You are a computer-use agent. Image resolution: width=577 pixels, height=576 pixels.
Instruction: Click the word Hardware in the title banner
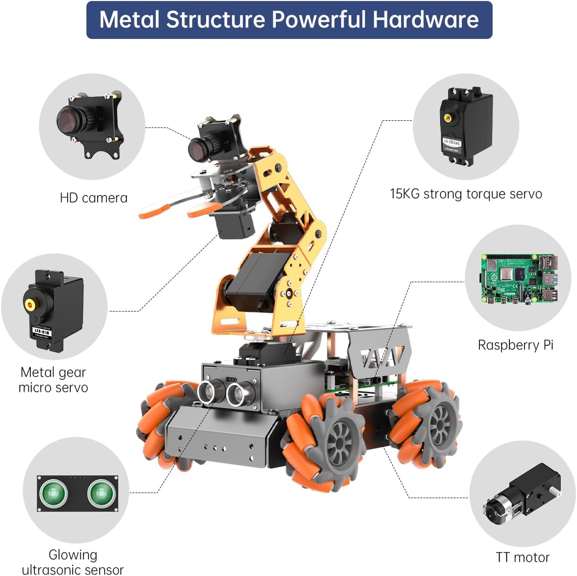pyautogui.click(x=425, y=20)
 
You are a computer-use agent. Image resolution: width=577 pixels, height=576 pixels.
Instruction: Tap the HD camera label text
pyautogui.click(x=93, y=198)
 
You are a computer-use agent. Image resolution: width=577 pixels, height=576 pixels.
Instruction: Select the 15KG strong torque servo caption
pyautogui.click(x=466, y=194)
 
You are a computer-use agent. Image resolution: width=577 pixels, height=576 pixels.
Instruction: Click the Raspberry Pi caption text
pyautogui.click(x=515, y=345)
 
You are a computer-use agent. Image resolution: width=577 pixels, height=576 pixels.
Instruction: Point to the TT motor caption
pyautogui.click(x=522, y=557)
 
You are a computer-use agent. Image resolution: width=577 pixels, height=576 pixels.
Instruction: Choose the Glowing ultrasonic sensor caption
pyautogui.click(x=73, y=562)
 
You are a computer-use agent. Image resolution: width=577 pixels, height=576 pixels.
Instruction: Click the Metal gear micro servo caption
pyautogui.click(x=53, y=380)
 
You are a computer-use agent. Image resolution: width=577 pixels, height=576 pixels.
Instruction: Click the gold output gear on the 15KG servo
pyautogui.click(x=448, y=118)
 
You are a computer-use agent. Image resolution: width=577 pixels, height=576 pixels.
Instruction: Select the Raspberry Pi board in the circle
pyautogui.click(x=518, y=280)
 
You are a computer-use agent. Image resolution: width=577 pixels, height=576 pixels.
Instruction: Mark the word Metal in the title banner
pyautogui.click(x=130, y=20)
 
